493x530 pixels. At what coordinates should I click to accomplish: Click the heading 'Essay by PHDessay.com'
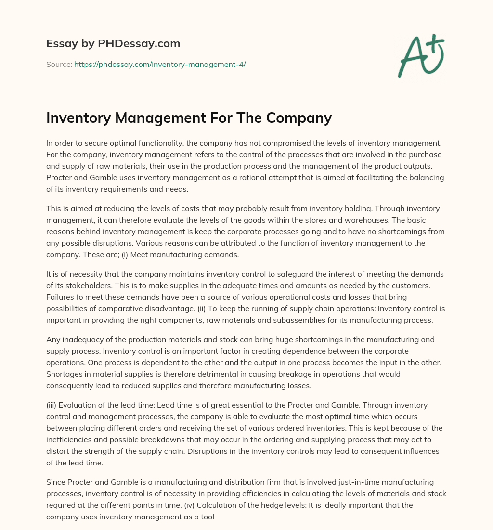(x=113, y=44)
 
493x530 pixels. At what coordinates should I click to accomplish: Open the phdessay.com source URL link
(x=160, y=64)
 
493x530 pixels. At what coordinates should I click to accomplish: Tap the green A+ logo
(x=420, y=56)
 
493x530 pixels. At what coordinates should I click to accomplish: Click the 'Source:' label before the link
(x=59, y=64)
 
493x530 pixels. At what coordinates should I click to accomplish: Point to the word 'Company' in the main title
(x=302, y=118)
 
